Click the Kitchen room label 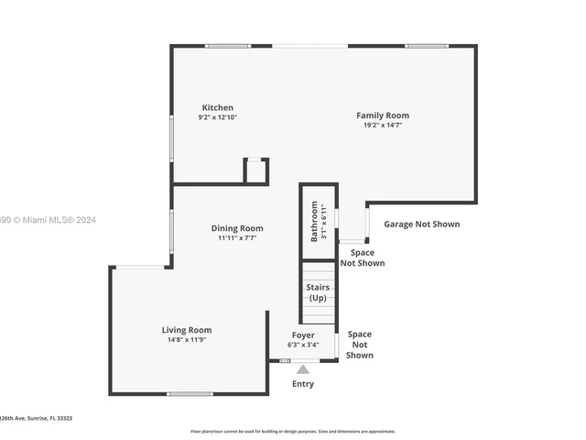217,107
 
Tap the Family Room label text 383,115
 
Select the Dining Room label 237,228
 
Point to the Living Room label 187,330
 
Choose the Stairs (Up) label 318,292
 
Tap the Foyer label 303,335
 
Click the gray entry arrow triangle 303,368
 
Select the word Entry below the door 303,384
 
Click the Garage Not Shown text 421,224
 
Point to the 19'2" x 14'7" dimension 383,126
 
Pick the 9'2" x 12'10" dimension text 217,117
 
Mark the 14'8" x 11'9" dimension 187,340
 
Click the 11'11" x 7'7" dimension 237,238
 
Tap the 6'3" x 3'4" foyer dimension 303,346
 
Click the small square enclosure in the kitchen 255,170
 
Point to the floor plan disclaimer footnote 293,431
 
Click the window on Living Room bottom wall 190,394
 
